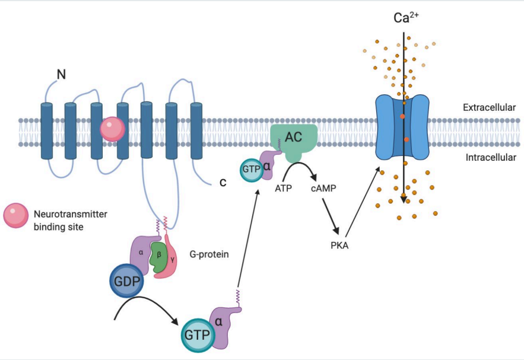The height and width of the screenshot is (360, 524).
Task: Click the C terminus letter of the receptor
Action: click(223, 182)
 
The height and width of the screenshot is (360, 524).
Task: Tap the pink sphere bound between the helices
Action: click(112, 129)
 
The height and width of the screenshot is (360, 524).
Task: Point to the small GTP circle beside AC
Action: click(251, 169)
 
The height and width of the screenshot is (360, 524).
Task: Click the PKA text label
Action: click(339, 244)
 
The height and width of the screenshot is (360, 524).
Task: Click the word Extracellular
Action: click(489, 108)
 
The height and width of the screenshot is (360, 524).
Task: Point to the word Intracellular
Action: click(489, 158)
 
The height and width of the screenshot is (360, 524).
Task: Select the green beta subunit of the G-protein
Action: click(157, 256)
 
